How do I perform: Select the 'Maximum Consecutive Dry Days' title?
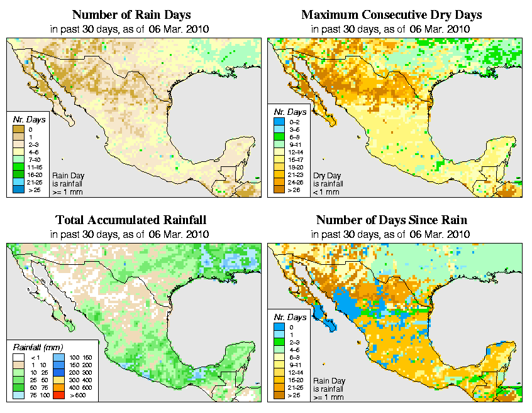tap(392, 14)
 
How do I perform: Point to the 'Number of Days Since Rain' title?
tap(392, 220)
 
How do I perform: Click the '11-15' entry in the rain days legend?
tap(18, 168)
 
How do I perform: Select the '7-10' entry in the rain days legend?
tap(18, 161)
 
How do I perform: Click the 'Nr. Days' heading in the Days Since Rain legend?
tap(291, 317)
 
